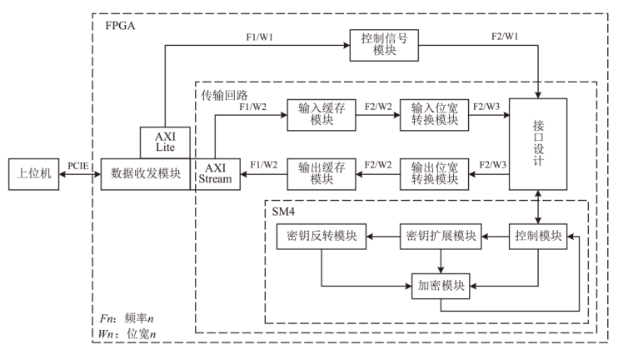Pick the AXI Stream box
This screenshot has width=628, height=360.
pos(216,174)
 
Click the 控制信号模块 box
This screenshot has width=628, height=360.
pos(383,44)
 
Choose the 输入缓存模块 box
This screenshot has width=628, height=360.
pos(321,114)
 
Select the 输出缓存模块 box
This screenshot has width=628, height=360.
pos(321,174)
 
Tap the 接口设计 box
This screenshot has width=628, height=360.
pos(538,144)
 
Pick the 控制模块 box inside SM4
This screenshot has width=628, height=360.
pos(537,237)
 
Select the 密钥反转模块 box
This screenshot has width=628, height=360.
pos(317,237)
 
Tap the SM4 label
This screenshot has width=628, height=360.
pos(284,212)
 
